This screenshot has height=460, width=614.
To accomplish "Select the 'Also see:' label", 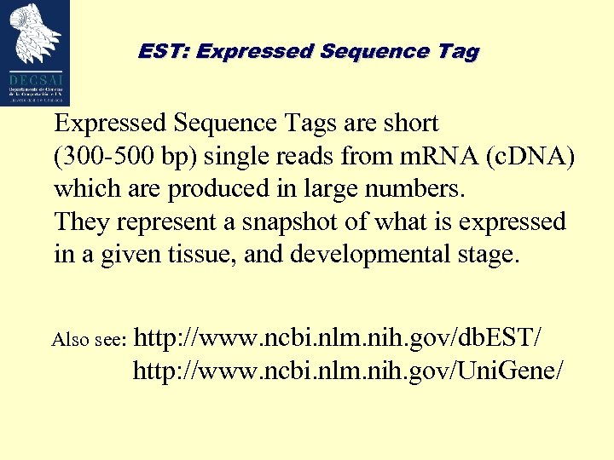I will point(90,341).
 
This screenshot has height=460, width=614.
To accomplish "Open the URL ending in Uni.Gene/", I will point(348,371).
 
